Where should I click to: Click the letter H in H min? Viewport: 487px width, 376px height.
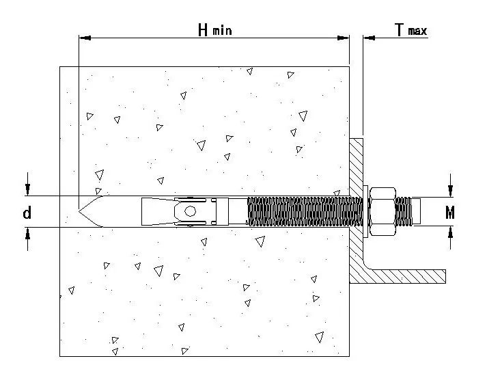pyautogui.click(x=203, y=30)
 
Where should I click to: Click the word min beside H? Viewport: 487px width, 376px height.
pyautogui.click(x=222, y=31)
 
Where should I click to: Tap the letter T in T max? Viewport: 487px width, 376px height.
pyautogui.click(x=400, y=30)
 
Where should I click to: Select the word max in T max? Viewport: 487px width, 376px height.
pyautogui.click(x=417, y=31)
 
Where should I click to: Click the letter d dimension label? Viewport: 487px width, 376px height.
pyautogui.click(x=27, y=213)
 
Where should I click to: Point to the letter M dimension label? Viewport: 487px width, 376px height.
pyautogui.click(x=449, y=213)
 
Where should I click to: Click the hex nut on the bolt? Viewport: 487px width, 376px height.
pyautogui.click(x=382, y=211)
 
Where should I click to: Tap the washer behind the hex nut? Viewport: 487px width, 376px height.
pyautogui.click(x=365, y=211)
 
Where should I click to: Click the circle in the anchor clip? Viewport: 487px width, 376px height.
pyautogui.click(x=190, y=211)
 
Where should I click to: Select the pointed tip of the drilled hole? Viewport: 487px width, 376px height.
pyautogui.click(x=79, y=211)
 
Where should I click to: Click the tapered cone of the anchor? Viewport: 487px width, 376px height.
pyautogui.click(x=158, y=211)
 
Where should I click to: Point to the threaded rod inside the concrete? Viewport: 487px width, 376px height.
pyautogui.click(x=305, y=211)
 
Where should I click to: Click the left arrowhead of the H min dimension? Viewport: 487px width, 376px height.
pyautogui.click(x=85, y=38)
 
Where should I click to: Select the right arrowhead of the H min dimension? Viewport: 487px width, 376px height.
pyautogui.click(x=344, y=38)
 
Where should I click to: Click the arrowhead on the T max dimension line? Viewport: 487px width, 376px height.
pyautogui.click(x=369, y=38)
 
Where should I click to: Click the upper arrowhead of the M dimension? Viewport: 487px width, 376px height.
pyautogui.click(x=450, y=191)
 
